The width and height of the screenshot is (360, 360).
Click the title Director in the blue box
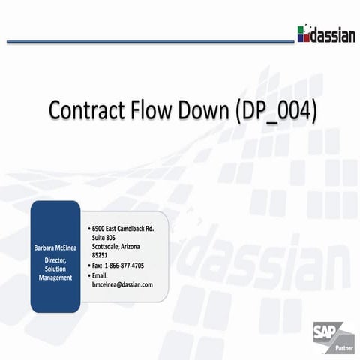coord(55,259)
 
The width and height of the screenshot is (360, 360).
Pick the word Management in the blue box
coord(55,277)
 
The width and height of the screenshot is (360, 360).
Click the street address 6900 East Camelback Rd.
coord(122,227)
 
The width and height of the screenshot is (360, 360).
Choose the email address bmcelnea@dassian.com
coord(122,284)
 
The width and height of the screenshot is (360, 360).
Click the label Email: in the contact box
coord(102,274)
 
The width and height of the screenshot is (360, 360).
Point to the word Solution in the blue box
coord(55,268)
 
